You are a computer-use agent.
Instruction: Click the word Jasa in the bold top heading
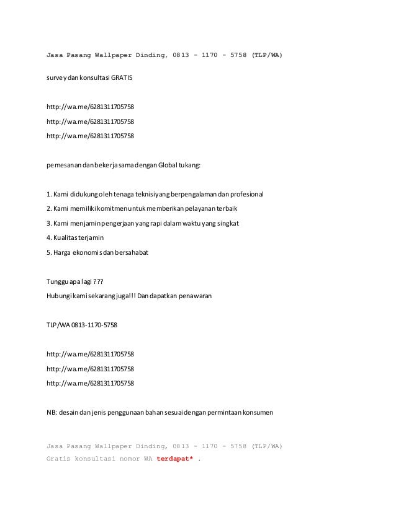[x=56, y=56]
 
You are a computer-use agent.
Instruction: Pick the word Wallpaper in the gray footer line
[x=113, y=446]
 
